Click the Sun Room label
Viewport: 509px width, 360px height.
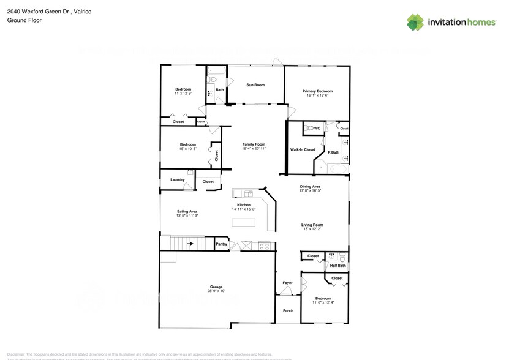tap(255, 85)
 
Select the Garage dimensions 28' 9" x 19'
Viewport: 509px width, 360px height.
tap(216, 291)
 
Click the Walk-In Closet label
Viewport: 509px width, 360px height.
tap(303, 149)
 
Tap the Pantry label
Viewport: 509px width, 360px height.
tap(222, 244)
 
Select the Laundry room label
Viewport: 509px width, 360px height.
tap(178, 179)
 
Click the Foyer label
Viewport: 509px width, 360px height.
tap(287, 283)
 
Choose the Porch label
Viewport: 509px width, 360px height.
tap(288, 310)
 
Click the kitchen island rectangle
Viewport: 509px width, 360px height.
tap(243, 222)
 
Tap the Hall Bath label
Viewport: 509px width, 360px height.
tap(337, 266)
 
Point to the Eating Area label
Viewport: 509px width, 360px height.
tap(187, 211)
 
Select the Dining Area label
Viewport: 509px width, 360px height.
tap(310, 186)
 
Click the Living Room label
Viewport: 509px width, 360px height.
tap(312, 225)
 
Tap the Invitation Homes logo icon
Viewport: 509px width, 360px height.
tap(415, 23)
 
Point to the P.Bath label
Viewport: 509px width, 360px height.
tap(334, 152)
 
